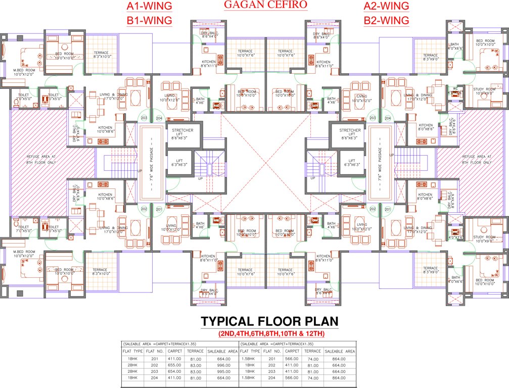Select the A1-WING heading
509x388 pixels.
pyautogui.click(x=149, y=7)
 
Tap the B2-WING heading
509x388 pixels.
pyautogui.click(x=386, y=20)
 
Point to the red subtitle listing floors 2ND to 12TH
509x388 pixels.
pyautogui.click(x=271, y=334)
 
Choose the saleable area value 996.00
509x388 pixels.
pyautogui.click(x=222, y=365)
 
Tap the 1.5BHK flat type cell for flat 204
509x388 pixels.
pyautogui.click(x=249, y=377)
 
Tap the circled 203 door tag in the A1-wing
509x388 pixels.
pyautogui.click(x=145, y=118)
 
